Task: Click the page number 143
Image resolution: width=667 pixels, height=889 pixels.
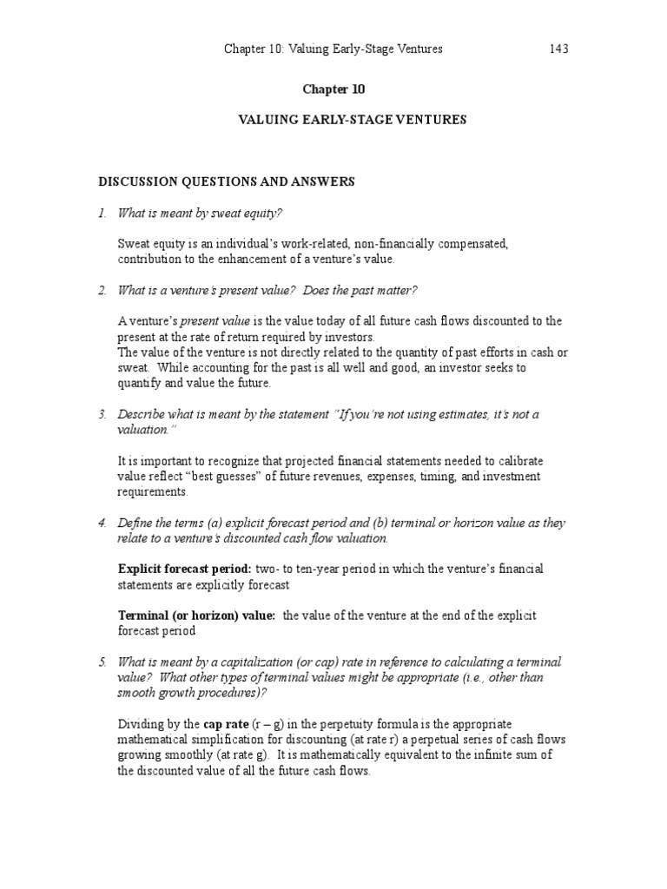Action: tap(558, 49)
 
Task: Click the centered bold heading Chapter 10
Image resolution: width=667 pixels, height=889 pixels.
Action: tap(333, 89)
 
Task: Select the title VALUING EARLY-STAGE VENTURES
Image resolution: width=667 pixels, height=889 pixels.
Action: tap(352, 121)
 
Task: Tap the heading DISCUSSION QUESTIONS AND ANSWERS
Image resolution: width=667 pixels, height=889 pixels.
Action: tap(226, 181)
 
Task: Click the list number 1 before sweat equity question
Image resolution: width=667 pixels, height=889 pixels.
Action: tap(102, 214)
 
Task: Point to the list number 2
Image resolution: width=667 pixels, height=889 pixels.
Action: tap(102, 289)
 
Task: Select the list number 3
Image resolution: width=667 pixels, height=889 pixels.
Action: tap(102, 414)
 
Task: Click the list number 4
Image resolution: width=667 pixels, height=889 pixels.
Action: tap(102, 523)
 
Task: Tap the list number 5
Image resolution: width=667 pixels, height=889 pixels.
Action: tap(102, 662)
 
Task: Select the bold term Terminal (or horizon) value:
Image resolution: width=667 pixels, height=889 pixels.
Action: tap(197, 616)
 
